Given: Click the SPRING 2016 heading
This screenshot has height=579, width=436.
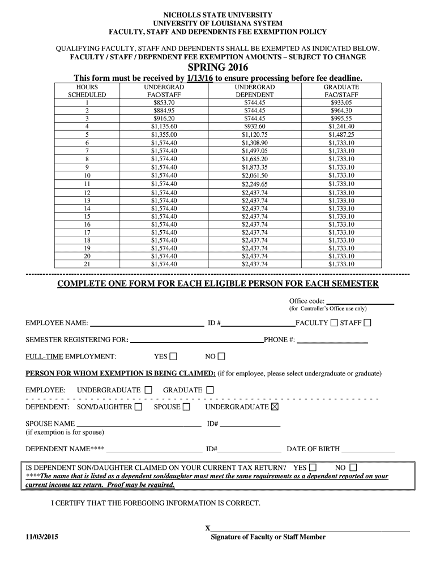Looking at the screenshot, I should (x=218, y=67).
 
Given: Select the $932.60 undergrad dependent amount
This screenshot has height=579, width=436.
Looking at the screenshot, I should (x=254, y=127).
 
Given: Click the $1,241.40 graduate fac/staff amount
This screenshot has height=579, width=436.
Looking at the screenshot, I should (x=341, y=127).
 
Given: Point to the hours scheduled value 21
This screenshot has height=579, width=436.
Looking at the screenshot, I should (x=87, y=263).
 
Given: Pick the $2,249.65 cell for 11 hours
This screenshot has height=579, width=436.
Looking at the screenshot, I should (x=254, y=184).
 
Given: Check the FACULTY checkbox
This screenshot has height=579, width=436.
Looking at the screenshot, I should (x=334, y=323).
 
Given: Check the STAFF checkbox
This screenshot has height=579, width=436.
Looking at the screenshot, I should (x=367, y=323).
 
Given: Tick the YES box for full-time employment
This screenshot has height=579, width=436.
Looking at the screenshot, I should (x=173, y=356).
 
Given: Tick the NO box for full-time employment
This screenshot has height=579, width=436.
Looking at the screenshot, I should (x=221, y=356).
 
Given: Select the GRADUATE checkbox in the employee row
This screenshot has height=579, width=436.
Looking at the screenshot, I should (x=210, y=390).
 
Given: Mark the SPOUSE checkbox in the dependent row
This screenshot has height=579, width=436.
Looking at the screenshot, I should (x=186, y=407).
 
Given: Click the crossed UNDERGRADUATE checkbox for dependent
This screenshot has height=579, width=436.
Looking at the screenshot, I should (x=275, y=407).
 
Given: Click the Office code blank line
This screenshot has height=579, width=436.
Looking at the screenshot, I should (x=360, y=302).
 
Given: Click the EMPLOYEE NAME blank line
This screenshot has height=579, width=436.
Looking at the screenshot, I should (x=147, y=324).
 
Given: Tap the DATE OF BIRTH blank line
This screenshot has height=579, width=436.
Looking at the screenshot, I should (x=368, y=450).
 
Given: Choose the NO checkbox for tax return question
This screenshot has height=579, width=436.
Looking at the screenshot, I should (x=353, y=468).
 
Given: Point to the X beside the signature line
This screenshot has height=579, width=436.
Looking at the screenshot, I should (x=207, y=528).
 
